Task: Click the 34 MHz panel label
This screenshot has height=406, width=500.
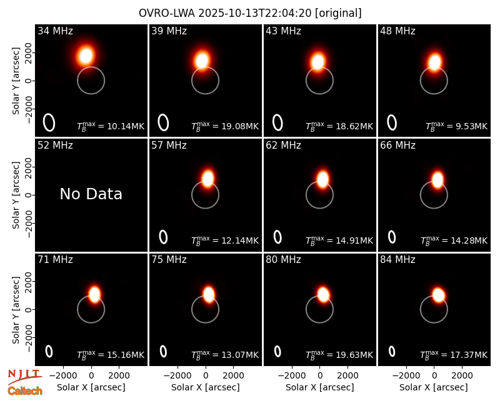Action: (x=55, y=31)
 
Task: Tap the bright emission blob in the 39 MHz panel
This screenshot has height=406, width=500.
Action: (x=202, y=60)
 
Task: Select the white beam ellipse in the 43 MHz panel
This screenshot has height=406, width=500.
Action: (x=277, y=122)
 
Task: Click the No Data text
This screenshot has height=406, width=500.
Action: (x=91, y=194)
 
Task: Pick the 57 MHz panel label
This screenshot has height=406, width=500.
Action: (x=169, y=146)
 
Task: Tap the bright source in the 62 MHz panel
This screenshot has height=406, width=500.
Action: (x=322, y=179)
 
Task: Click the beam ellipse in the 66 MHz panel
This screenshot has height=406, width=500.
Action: (x=392, y=237)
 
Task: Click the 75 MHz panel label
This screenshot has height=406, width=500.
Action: (x=169, y=260)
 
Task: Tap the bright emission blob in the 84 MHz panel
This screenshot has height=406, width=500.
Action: (x=439, y=295)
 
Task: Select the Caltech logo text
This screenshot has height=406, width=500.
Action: (x=25, y=391)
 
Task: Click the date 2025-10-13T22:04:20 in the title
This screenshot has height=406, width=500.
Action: (x=256, y=13)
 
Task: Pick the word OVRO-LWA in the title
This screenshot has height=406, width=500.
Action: (x=167, y=13)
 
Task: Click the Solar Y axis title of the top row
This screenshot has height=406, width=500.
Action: (x=16, y=81)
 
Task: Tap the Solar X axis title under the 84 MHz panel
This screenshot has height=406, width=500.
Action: (x=434, y=387)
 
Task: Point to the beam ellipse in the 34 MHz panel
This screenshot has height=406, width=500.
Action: (x=49, y=122)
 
